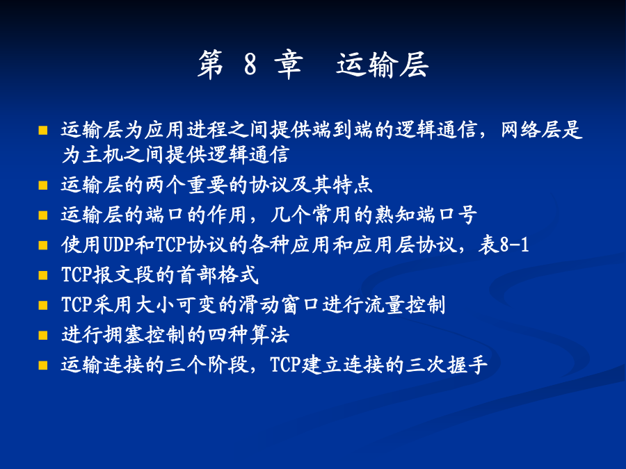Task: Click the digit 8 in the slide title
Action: click(250, 64)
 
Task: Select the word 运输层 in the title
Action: click(383, 64)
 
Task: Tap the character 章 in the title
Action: click(289, 64)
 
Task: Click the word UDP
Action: click(118, 245)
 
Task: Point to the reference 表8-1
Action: click(504, 245)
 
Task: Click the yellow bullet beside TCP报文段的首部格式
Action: click(42, 275)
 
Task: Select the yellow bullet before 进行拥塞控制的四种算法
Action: click(42, 335)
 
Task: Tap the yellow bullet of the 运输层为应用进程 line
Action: click(42, 130)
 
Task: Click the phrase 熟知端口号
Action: click(425, 215)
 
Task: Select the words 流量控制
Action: click(404, 305)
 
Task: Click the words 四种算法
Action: click(249, 335)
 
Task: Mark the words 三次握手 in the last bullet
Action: click(447, 365)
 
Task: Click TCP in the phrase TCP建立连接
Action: click(285, 365)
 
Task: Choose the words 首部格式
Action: click(218, 274)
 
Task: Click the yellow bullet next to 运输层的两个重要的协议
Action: click(42, 186)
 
